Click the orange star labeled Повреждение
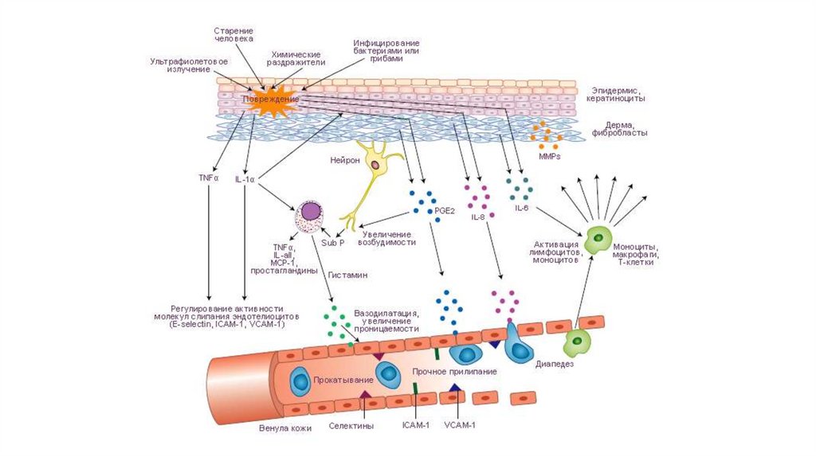270,101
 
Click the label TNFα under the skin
208,178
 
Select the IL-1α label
245,180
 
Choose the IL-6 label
522,208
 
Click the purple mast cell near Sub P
309,216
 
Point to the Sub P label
331,242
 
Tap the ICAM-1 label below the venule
415,424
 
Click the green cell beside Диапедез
578,343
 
